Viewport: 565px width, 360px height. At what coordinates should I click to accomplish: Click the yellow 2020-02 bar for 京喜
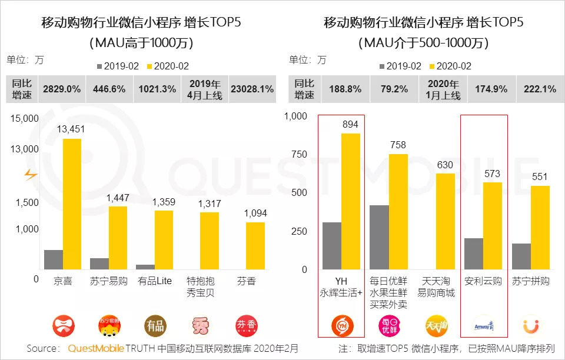[72, 204]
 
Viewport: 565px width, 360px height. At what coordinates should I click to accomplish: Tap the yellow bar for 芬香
[255, 246]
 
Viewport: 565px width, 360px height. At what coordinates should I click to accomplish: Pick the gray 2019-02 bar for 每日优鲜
[379, 238]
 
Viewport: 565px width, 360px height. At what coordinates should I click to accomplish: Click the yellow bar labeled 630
[446, 222]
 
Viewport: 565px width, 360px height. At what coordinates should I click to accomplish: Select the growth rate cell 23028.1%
[252, 89]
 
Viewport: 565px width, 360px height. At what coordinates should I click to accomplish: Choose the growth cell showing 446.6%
[109, 89]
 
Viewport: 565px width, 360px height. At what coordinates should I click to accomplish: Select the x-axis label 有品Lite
[154, 281]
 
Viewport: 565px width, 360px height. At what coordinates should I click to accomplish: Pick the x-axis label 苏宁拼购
[531, 281]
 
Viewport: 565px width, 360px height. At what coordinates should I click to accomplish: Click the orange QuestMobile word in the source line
[96, 349]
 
